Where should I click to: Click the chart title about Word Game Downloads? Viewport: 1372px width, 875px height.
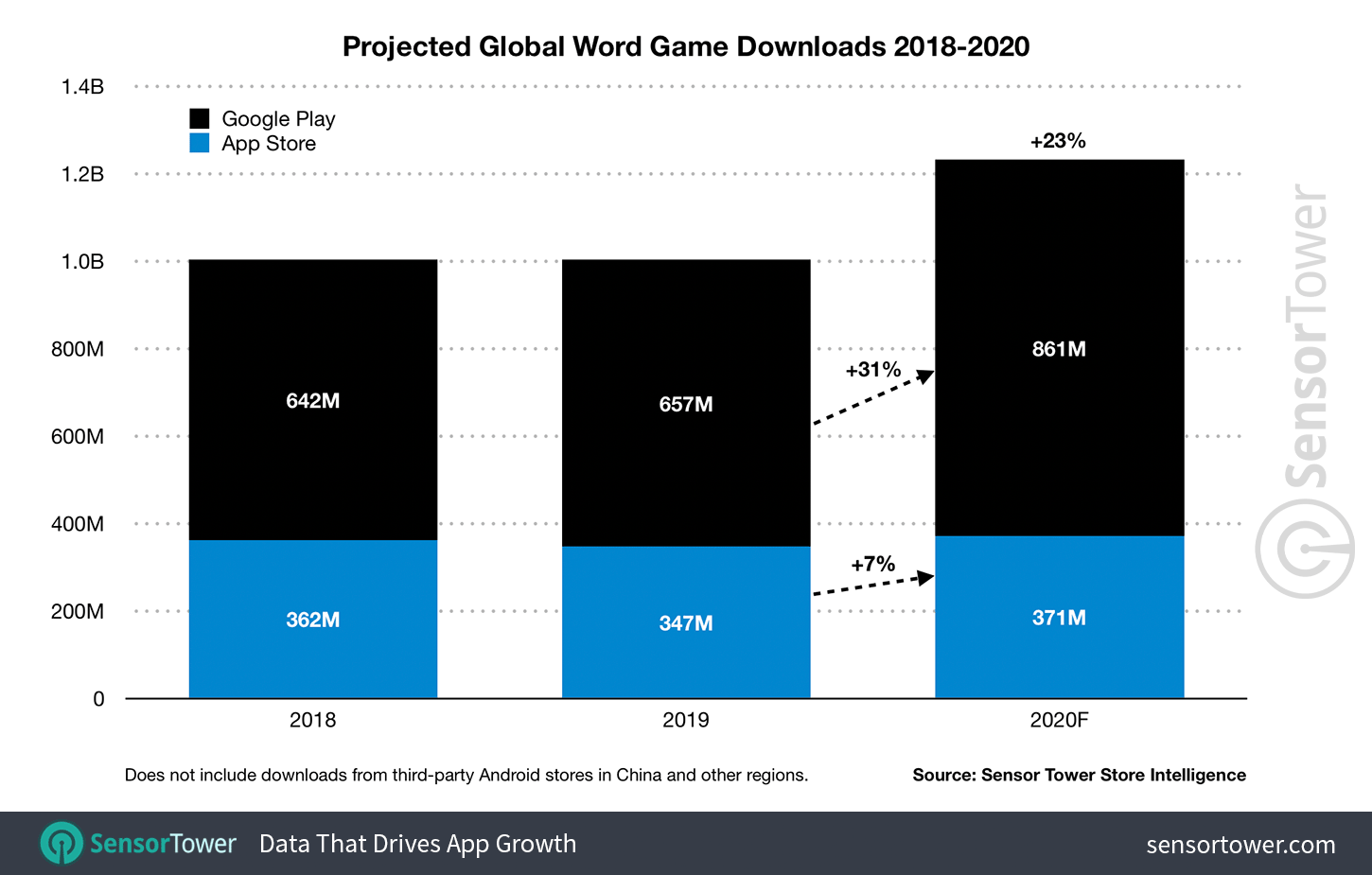685,46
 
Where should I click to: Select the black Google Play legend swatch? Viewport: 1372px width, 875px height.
200,118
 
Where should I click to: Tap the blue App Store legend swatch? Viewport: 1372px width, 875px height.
200,143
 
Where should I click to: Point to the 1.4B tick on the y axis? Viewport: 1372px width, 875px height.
82,87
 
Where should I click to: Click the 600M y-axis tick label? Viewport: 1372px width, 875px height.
78,437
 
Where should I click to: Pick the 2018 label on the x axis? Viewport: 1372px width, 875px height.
312,720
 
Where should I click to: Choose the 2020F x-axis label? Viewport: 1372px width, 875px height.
1059,720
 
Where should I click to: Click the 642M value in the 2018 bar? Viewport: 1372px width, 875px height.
312,401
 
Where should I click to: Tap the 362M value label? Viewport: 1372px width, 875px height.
312,620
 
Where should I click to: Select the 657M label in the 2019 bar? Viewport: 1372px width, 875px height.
685,405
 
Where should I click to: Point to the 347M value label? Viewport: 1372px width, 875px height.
685,623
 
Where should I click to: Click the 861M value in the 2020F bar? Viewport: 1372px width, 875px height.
1059,349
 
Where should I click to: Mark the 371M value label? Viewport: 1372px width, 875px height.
1059,618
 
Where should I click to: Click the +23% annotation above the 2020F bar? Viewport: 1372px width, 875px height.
1058,141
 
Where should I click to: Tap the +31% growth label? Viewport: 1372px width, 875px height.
872,370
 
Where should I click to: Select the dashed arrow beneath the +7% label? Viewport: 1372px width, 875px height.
872,586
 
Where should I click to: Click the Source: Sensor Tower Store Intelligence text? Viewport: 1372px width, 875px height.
1079,775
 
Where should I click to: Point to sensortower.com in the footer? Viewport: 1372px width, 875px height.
1240,845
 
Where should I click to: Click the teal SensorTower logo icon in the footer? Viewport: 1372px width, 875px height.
62,843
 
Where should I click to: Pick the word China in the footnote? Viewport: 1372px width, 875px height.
639,775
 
